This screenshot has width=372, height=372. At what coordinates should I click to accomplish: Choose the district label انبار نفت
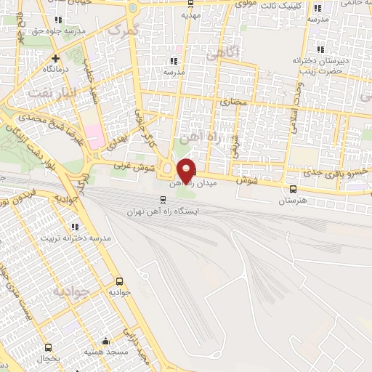(52, 92)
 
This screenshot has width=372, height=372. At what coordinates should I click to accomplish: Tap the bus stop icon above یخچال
(49, 347)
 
